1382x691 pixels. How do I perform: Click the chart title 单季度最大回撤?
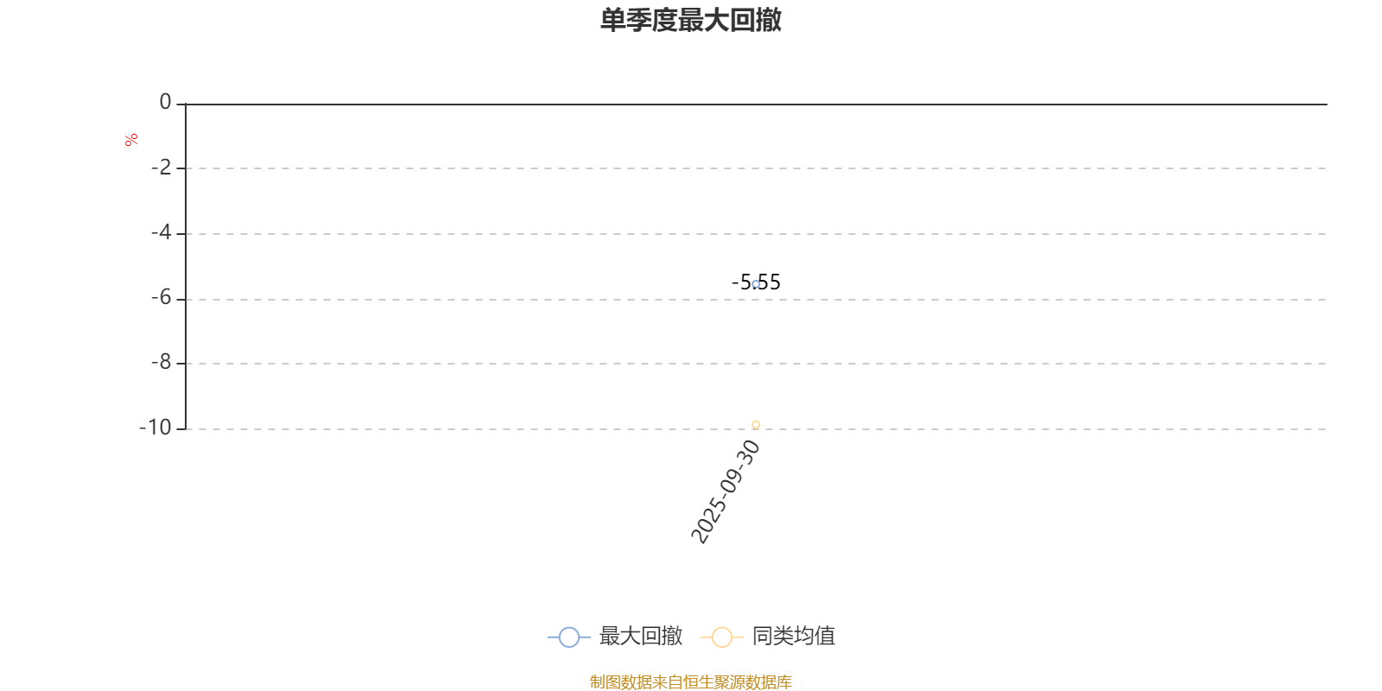click(x=691, y=20)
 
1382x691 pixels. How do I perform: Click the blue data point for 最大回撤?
click(x=756, y=284)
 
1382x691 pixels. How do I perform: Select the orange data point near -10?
click(x=756, y=424)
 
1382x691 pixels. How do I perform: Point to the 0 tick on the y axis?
click(x=165, y=103)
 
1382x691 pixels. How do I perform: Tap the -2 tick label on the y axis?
click(x=162, y=168)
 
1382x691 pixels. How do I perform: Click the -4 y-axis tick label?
click(x=162, y=232)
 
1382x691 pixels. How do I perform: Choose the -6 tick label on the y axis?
click(x=162, y=298)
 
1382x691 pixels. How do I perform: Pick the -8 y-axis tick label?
click(x=162, y=363)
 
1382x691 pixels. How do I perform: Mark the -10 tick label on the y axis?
click(x=156, y=428)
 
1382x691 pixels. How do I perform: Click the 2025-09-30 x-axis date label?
click(x=726, y=491)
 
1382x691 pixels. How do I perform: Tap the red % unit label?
click(x=131, y=140)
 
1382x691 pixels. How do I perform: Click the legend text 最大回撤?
click(x=640, y=637)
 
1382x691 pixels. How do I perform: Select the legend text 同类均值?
click(x=793, y=637)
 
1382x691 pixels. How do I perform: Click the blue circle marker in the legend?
click(x=568, y=637)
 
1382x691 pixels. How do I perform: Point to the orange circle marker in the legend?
click(x=721, y=637)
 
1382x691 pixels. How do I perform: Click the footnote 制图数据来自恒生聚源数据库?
click(x=691, y=682)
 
